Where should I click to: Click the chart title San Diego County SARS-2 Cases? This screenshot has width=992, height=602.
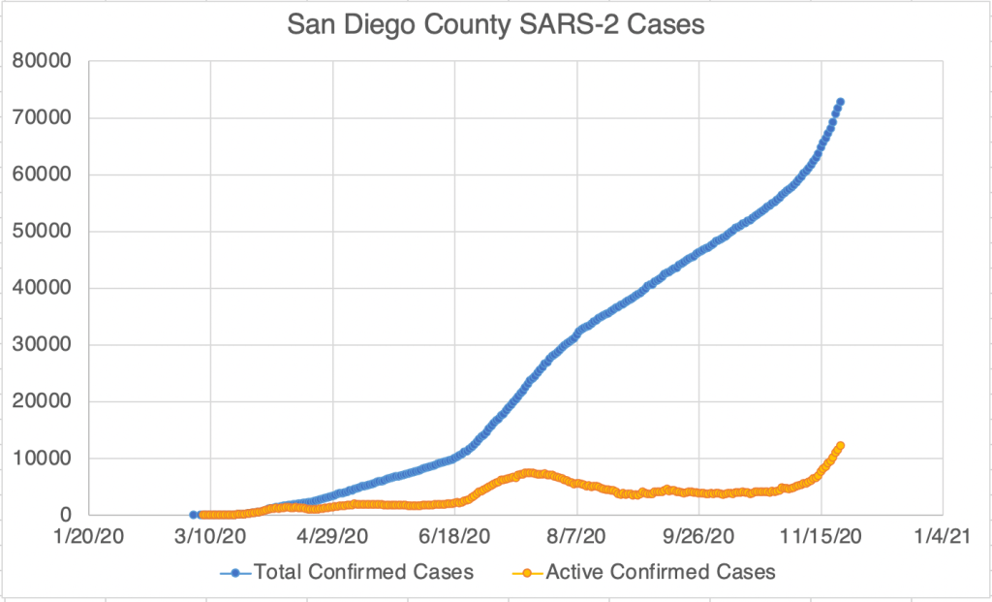(496, 26)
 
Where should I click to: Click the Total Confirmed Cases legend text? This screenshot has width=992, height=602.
(363, 572)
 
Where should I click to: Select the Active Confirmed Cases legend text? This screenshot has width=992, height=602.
(661, 572)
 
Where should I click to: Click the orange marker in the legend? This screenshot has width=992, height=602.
(527, 572)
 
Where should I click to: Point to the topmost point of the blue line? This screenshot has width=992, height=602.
(841, 102)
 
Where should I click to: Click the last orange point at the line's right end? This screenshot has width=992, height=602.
(841, 445)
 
